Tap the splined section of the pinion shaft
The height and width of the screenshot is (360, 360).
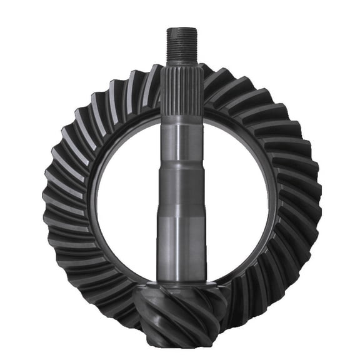coord(182,94)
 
